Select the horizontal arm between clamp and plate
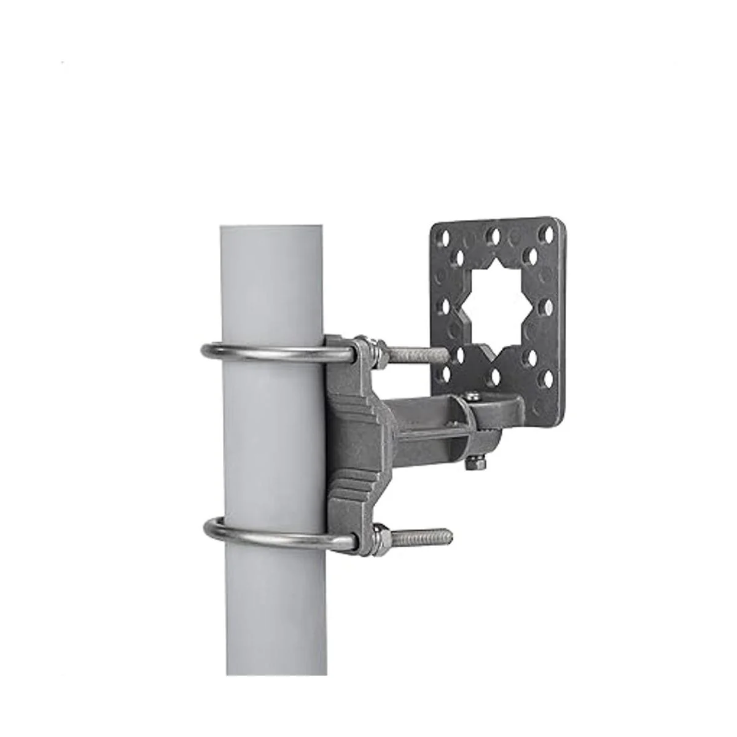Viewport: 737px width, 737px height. click(x=424, y=418)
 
